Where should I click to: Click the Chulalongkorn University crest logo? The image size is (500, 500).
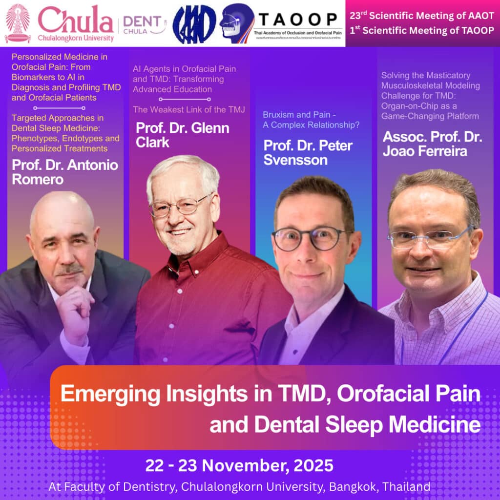[x=18, y=23]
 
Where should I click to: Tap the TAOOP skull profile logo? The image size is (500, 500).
[x=236, y=23]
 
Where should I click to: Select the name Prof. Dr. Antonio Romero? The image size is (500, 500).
[x=65, y=172]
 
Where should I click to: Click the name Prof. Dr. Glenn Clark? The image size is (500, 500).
[x=182, y=135]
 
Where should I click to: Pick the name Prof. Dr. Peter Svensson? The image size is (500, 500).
[x=308, y=152]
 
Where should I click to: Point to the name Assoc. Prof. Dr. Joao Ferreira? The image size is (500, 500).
[x=432, y=144]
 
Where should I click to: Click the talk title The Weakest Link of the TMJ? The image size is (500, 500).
[x=189, y=109]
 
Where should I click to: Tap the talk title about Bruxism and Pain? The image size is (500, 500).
[x=311, y=120]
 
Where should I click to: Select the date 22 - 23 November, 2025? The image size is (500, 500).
[x=239, y=465]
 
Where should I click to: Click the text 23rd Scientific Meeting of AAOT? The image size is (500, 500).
[x=422, y=15]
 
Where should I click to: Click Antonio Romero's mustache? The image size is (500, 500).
[x=69, y=270]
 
